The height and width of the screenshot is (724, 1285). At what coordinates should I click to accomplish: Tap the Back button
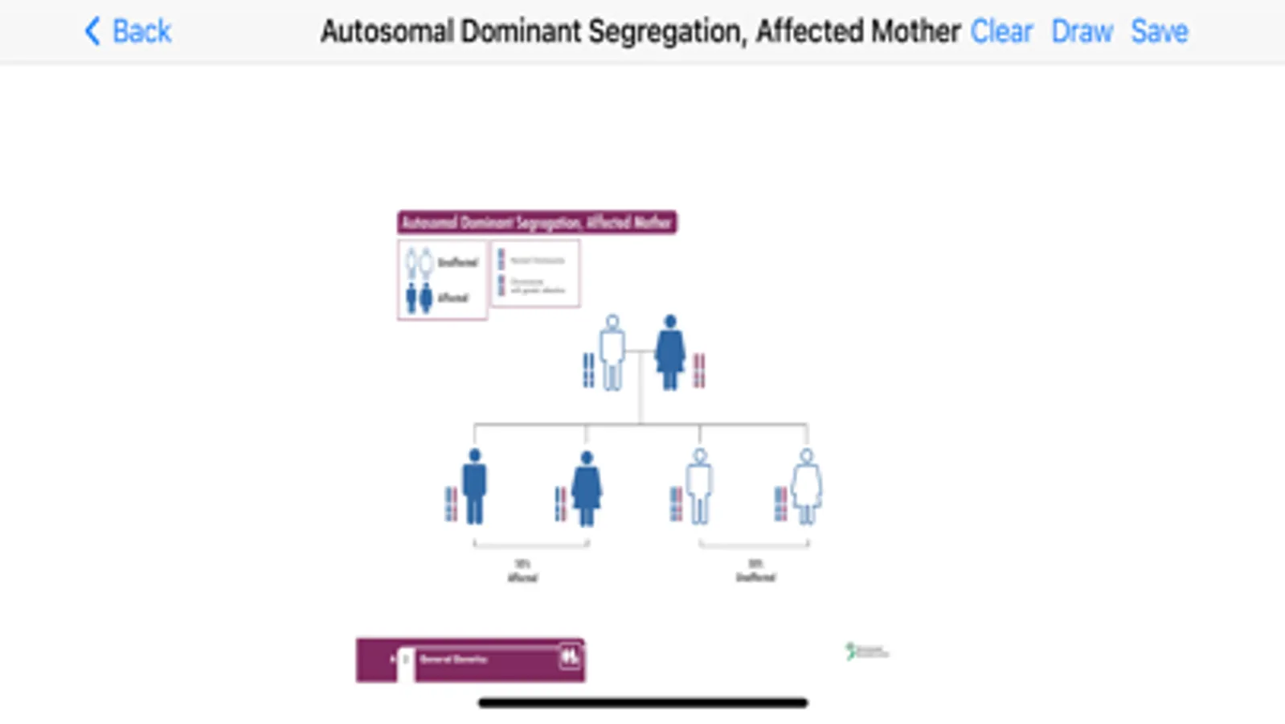coord(129,31)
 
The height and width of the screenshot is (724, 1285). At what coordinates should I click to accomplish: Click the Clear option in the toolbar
coord(1001,31)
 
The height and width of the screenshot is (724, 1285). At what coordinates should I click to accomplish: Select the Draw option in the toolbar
coord(1082,31)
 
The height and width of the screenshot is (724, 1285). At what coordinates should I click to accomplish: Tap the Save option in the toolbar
coord(1159,31)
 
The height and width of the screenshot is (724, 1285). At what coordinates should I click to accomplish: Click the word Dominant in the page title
coord(521,31)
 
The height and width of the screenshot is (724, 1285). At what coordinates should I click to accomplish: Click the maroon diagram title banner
coord(537,222)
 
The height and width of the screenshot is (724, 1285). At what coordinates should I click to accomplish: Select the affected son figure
coord(475,486)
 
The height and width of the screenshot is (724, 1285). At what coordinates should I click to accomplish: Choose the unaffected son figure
coord(699,486)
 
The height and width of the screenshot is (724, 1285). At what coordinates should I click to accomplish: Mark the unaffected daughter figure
coord(806,486)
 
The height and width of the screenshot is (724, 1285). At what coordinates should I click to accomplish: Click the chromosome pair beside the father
coord(589,370)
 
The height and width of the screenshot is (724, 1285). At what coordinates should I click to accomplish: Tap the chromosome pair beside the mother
coord(699,370)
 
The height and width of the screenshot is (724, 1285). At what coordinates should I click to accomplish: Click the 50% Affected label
coord(522,570)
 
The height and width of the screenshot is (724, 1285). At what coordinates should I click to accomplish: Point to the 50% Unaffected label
coord(755,570)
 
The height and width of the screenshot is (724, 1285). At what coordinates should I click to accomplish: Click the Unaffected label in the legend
coord(458,262)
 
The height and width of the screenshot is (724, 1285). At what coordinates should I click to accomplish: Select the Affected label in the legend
coord(453,298)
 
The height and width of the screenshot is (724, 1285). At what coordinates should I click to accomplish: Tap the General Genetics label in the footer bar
coord(454,659)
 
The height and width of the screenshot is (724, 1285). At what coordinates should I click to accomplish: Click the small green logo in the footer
coord(866,651)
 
